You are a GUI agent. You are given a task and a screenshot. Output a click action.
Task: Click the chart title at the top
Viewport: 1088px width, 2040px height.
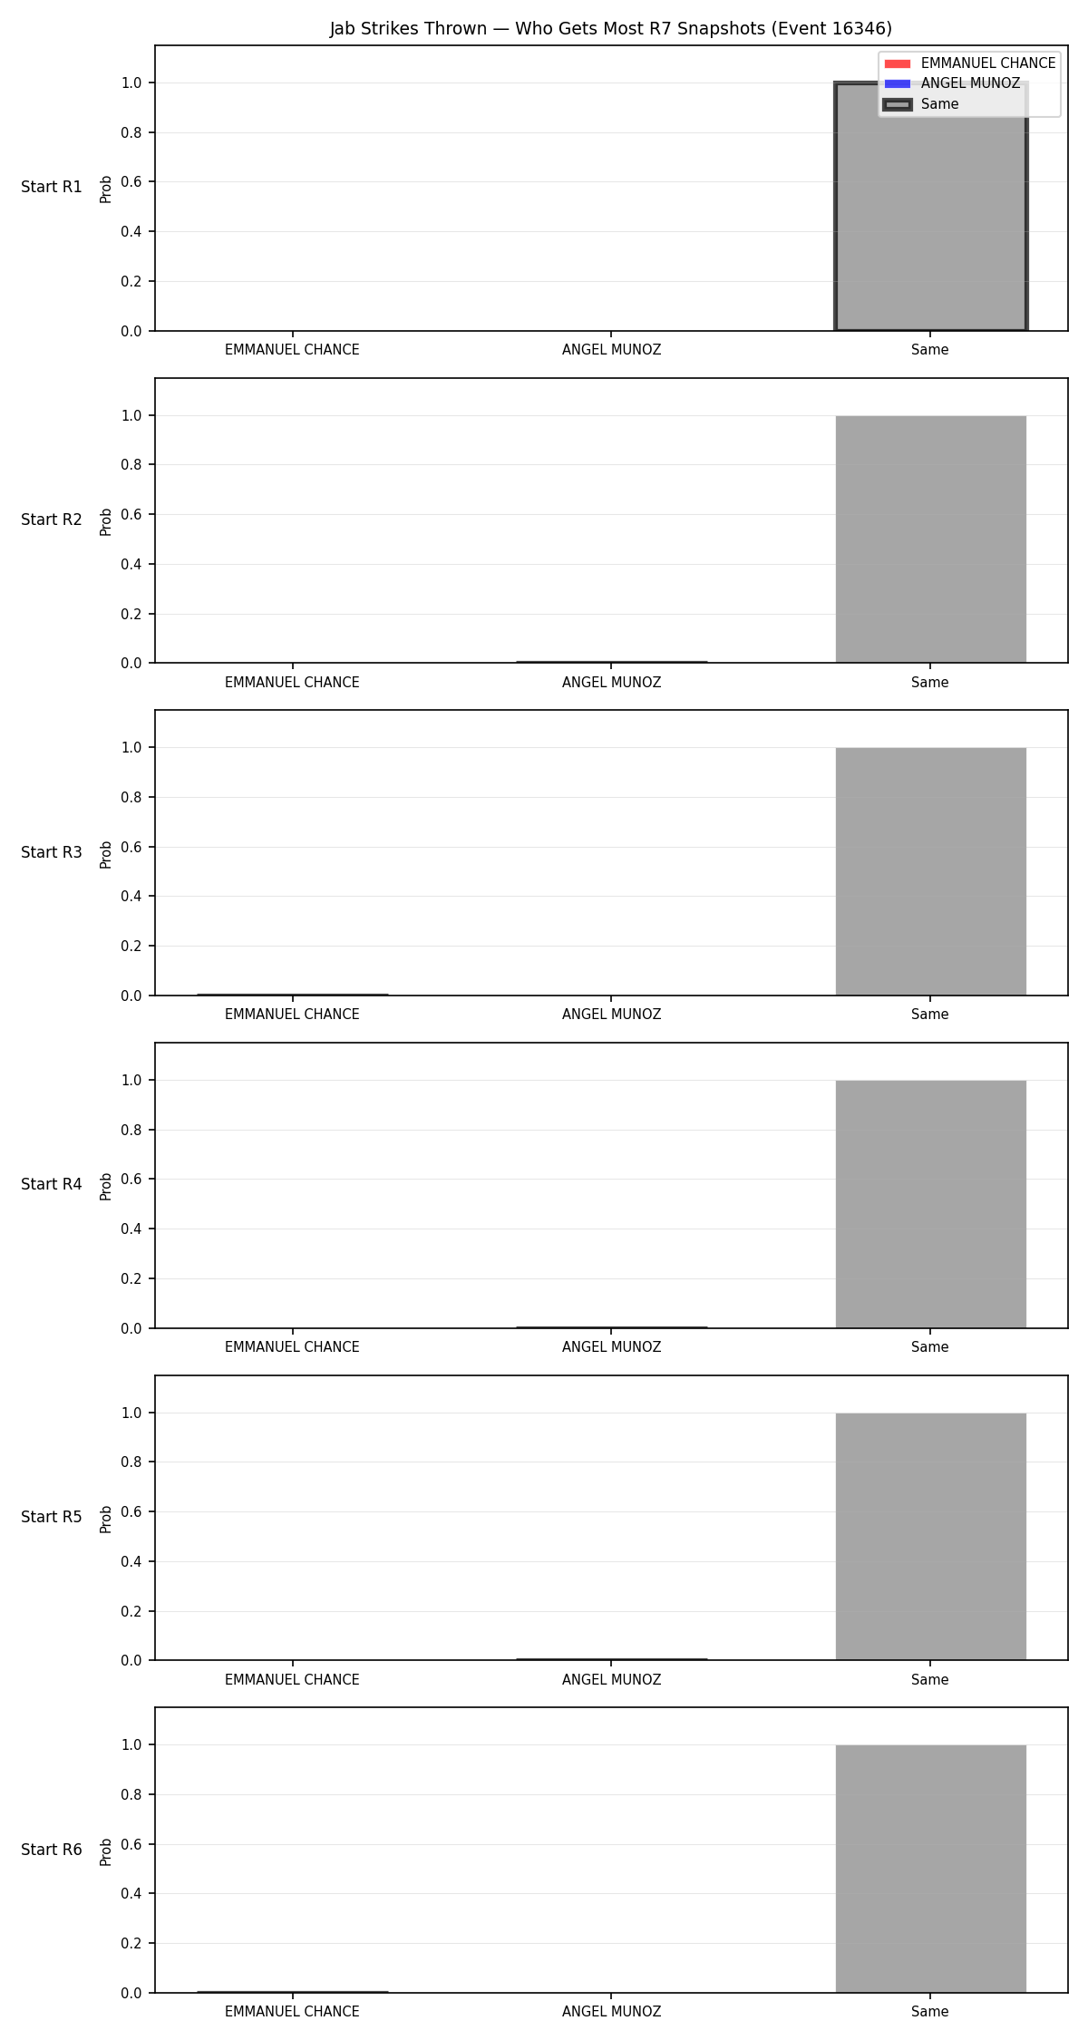610,28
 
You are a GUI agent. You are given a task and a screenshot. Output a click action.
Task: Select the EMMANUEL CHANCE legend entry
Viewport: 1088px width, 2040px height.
969,63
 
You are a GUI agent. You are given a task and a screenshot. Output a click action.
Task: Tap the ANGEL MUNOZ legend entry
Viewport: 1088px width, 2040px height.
952,83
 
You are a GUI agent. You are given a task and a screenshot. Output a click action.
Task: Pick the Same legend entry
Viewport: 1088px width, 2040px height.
920,104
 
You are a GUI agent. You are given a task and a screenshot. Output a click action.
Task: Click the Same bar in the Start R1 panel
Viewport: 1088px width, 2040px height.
930,207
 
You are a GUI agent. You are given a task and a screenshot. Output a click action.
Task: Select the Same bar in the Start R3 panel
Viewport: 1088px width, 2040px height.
930,871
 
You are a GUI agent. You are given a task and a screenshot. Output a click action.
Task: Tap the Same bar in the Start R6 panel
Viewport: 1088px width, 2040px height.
930,1869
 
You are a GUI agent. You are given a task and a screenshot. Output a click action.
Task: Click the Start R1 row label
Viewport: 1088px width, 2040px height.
52,188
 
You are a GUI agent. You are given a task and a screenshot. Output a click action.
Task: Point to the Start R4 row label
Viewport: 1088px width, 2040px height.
52,1185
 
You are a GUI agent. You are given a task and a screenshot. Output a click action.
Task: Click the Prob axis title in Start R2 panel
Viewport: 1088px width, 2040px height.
106,521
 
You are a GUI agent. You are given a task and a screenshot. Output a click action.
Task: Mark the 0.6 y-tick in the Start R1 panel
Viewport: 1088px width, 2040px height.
132,182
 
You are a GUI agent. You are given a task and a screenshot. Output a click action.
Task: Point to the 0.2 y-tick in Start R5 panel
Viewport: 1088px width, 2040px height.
132,1611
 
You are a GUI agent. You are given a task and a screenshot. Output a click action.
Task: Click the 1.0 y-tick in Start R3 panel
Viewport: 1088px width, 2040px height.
132,748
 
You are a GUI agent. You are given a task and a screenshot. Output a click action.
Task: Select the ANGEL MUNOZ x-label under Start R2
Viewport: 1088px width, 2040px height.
611,683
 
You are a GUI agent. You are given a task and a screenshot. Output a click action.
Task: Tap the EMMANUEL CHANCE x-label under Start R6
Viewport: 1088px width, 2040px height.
292,2012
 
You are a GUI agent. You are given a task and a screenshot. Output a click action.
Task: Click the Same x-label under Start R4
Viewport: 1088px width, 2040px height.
930,1347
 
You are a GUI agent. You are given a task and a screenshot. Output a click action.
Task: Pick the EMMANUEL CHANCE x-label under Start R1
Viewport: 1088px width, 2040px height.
292,350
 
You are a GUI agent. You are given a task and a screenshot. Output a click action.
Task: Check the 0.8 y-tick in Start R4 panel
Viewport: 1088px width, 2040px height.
132,1130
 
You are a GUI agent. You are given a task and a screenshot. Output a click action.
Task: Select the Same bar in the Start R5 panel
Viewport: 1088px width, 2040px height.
930,1537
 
